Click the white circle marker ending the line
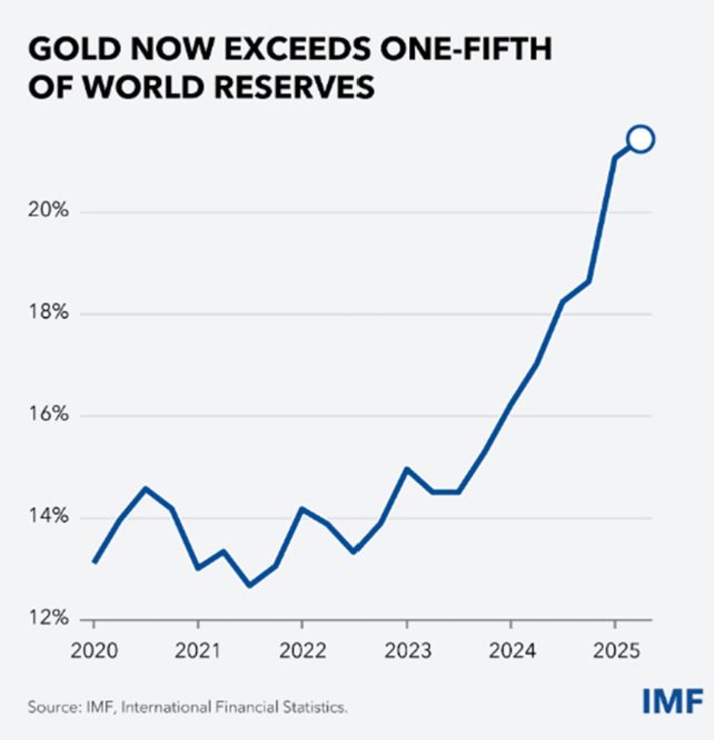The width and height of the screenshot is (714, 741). [640, 139]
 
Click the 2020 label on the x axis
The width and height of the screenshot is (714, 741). [94, 651]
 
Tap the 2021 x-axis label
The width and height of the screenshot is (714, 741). [198, 651]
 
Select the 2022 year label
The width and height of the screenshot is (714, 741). [302, 651]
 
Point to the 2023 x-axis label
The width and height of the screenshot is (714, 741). [407, 651]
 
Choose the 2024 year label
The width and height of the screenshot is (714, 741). [510, 651]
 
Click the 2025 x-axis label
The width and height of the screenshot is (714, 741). [615, 651]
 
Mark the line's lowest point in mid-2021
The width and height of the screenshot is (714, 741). [250, 585]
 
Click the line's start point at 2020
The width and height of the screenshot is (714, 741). [94, 562]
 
